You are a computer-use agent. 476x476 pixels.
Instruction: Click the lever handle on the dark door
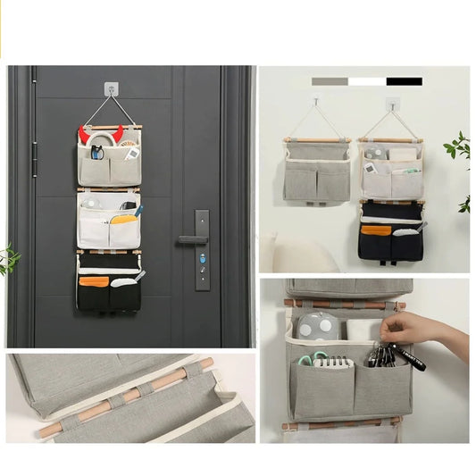[x=190, y=239]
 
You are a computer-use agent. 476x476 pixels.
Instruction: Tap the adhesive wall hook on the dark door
[x=111, y=89]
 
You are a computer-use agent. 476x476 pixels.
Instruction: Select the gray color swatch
[x=330, y=81]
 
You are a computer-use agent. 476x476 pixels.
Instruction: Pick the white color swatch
[x=367, y=81]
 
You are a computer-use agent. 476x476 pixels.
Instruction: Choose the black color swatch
[x=405, y=81]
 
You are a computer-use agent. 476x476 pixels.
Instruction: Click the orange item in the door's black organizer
[x=94, y=281]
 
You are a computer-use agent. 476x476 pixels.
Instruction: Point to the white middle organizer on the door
[x=108, y=223]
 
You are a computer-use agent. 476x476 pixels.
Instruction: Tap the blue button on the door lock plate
[x=202, y=258]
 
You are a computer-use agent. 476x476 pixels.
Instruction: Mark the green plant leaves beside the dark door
[x=9, y=259]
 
